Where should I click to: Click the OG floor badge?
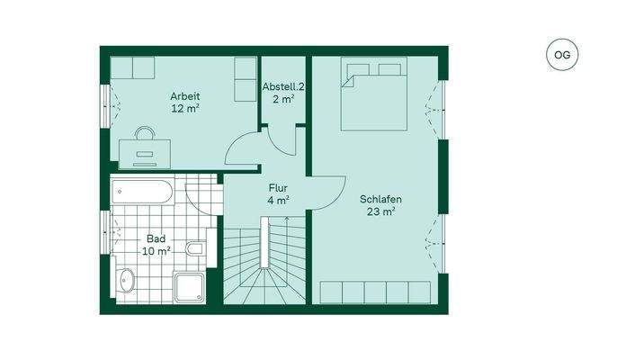[x=562, y=55]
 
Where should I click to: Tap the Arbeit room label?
[x=185, y=96]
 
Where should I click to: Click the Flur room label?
[x=277, y=188]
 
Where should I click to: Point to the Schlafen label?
[x=380, y=200]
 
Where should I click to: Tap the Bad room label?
[x=156, y=239]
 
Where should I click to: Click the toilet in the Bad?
[x=193, y=249]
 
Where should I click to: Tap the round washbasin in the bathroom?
[x=125, y=282]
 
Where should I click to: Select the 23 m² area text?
[x=382, y=212]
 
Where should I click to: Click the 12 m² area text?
[x=185, y=108]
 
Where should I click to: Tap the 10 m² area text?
[x=156, y=252]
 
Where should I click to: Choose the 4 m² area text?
[x=278, y=200]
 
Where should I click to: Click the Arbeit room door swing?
[x=241, y=149]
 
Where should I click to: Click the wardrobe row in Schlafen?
[x=379, y=292]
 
